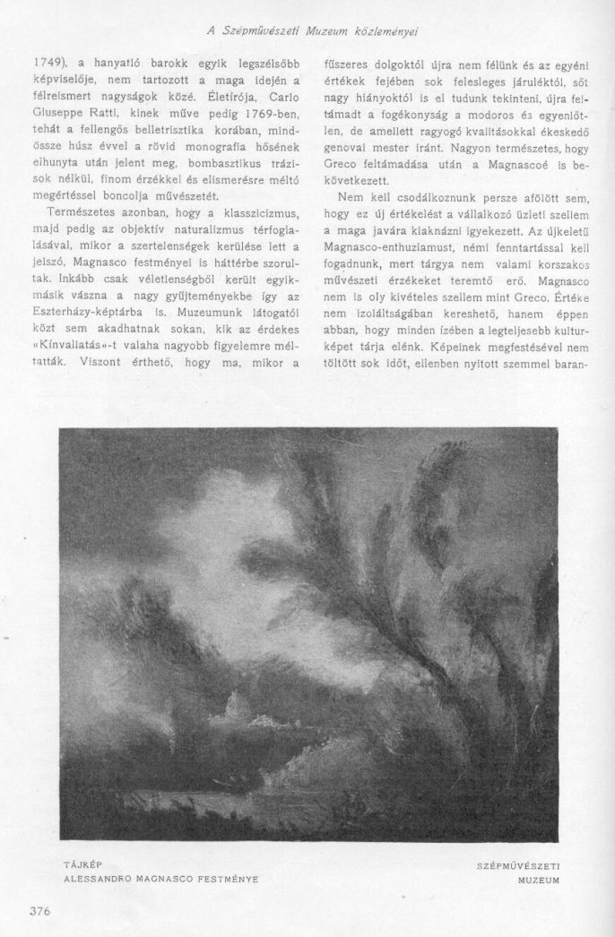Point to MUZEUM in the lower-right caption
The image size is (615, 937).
(539, 881)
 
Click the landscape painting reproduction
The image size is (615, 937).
(307, 632)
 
